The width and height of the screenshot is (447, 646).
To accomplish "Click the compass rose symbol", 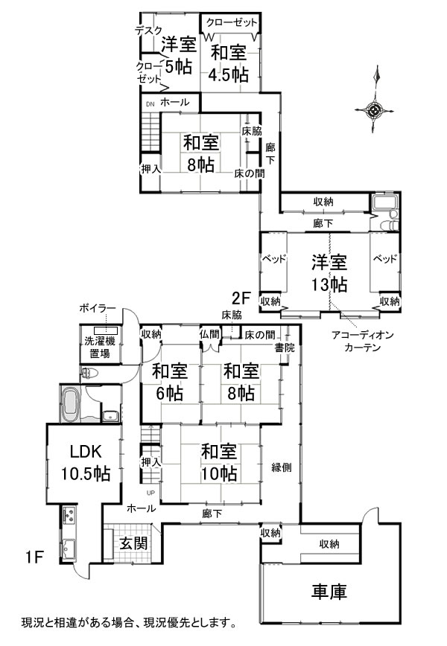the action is click(x=375, y=110).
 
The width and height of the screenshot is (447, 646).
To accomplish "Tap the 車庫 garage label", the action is click(x=329, y=591).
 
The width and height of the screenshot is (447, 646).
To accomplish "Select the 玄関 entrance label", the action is click(x=134, y=543).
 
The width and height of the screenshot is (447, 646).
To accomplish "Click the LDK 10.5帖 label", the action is click(x=86, y=463).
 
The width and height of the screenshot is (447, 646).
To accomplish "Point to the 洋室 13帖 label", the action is click(x=329, y=273).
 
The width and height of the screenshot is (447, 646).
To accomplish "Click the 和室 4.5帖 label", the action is click(x=229, y=64).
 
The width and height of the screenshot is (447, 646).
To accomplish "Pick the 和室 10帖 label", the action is click(x=219, y=463).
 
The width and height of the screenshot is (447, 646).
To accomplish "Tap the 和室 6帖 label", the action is click(x=169, y=383).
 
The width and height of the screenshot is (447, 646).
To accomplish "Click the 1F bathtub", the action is click(x=71, y=404).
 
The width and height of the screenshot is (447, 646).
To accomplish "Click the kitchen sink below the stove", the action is click(x=69, y=548).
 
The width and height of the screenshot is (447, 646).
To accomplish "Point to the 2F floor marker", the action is click(x=241, y=297).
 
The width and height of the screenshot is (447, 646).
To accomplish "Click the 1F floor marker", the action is click(x=34, y=557).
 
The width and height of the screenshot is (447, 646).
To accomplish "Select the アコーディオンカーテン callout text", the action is click(x=363, y=341).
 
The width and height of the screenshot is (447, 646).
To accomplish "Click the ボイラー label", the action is click(x=98, y=308).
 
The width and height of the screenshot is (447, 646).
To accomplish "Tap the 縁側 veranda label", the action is click(x=282, y=467).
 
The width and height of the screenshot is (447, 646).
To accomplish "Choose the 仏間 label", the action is click(x=210, y=334).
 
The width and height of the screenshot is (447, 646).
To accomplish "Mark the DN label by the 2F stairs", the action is click(x=150, y=104).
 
